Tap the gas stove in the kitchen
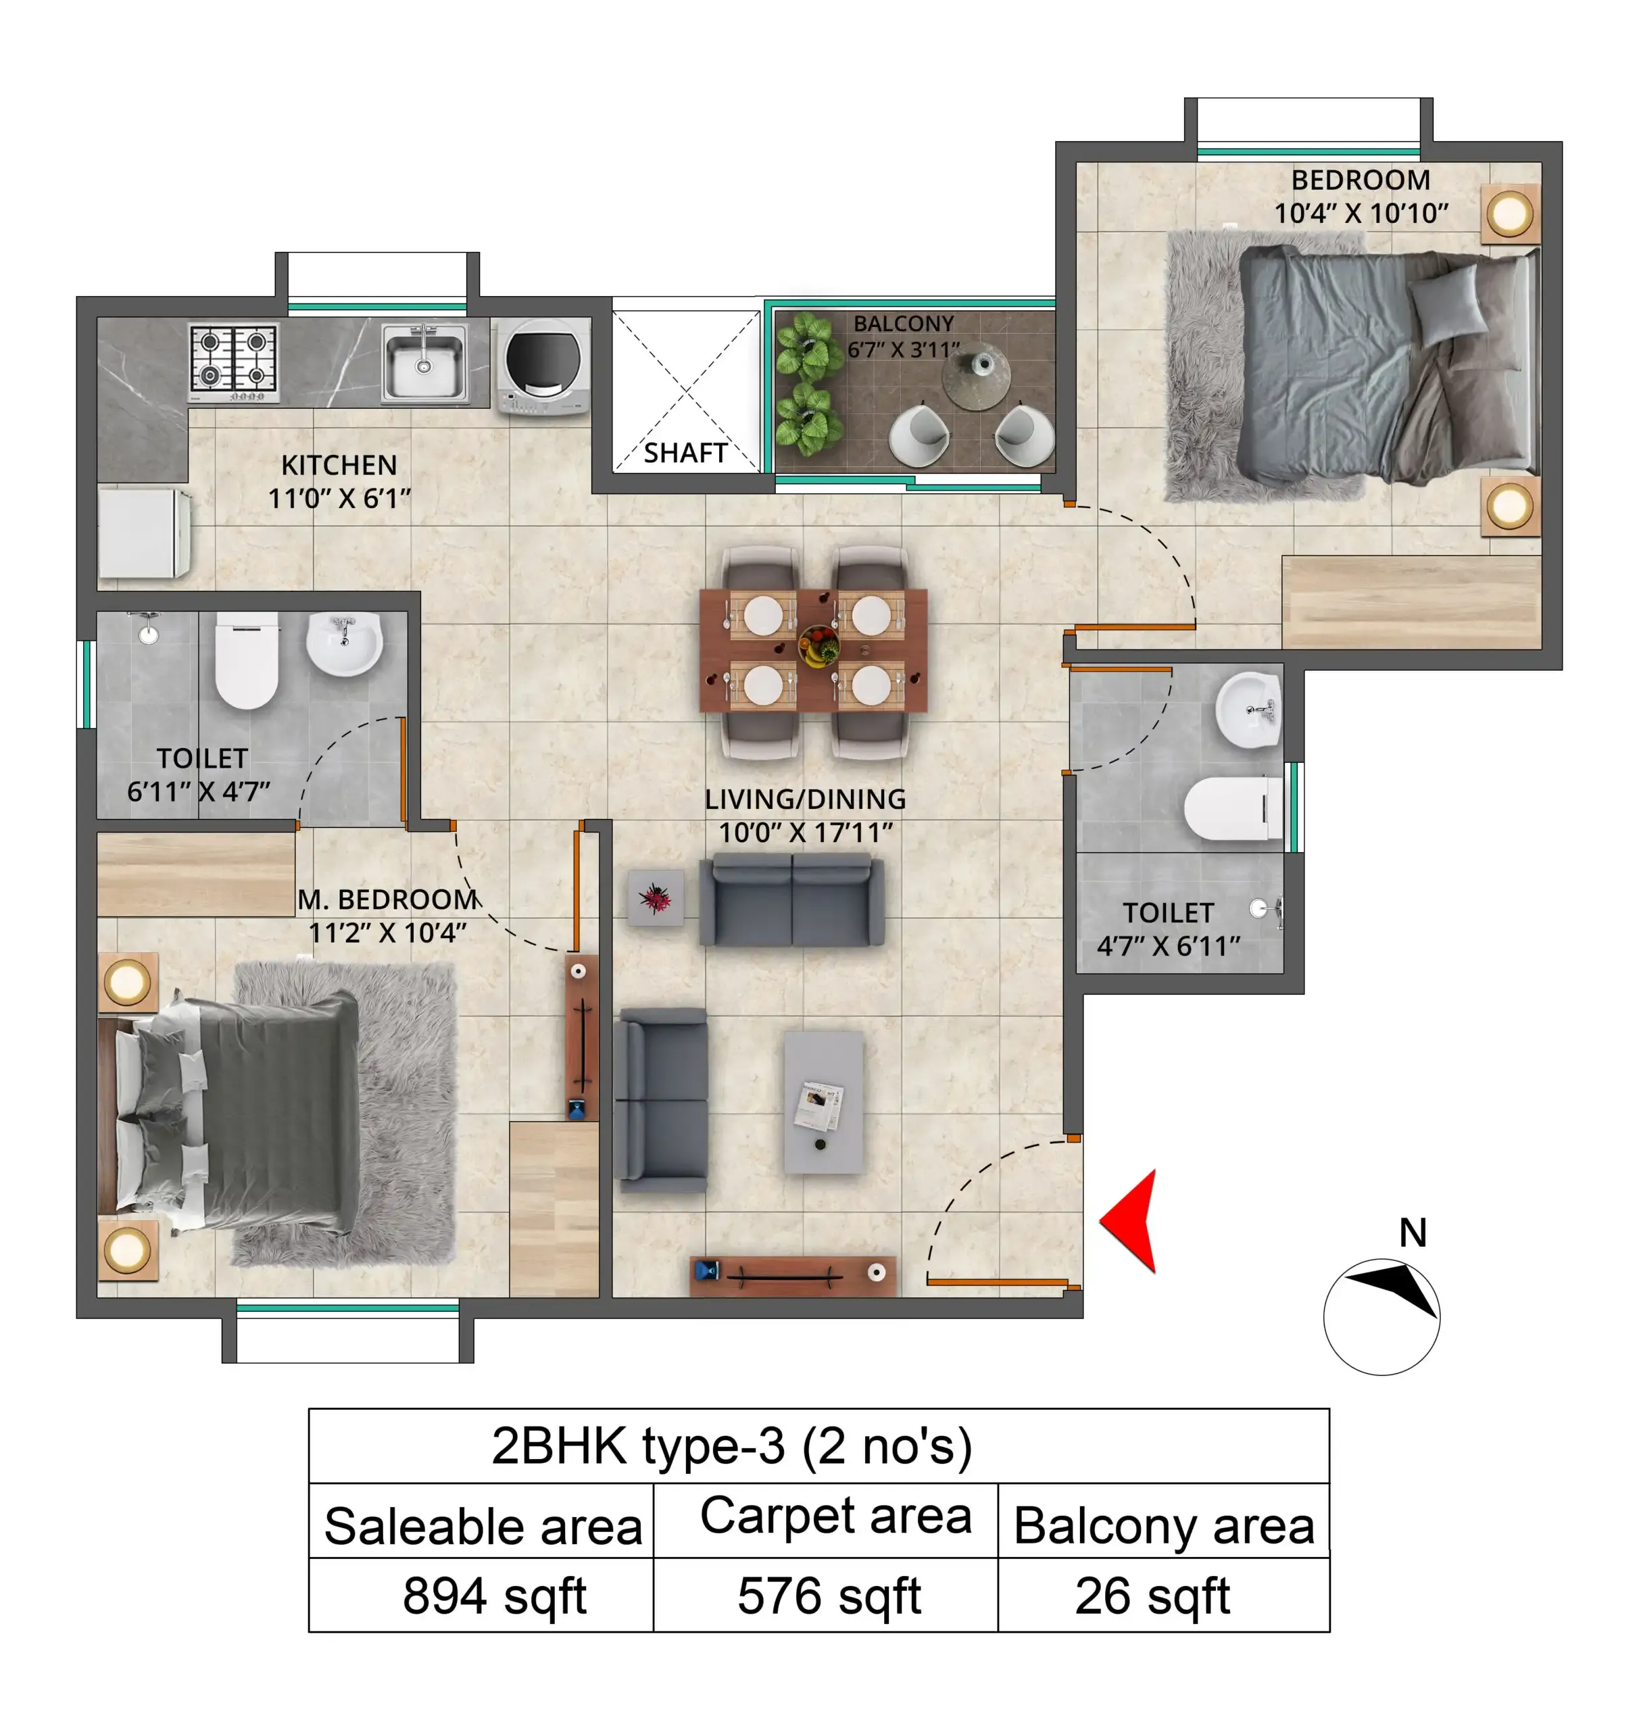click(x=234, y=361)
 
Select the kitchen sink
click(x=424, y=362)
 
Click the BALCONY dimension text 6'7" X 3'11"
click(x=904, y=350)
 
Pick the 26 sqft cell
click(x=1152, y=1596)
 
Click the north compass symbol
click(x=1381, y=1316)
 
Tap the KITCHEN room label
click(x=339, y=465)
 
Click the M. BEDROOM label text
click(x=388, y=899)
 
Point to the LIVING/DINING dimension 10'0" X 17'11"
click(x=805, y=833)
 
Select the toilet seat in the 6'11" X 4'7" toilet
click(x=247, y=663)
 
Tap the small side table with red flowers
click(x=655, y=897)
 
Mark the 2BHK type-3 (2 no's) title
click(x=732, y=1446)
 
